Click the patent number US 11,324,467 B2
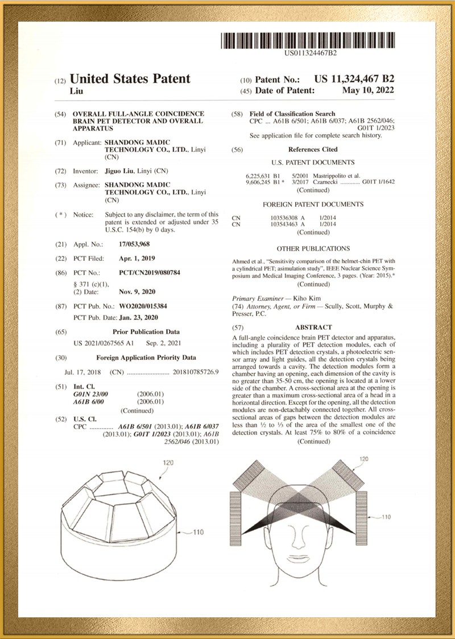tap(354, 79)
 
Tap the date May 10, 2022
tap(368, 90)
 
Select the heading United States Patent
tap(130, 79)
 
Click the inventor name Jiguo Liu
tap(119, 171)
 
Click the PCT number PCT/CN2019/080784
tap(150, 273)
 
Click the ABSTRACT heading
tap(313, 327)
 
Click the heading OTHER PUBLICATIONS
tap(313, 248)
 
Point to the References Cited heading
tap(313, 150)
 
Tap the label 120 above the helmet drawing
tap(168, 463)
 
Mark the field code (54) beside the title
tap(60, 114)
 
